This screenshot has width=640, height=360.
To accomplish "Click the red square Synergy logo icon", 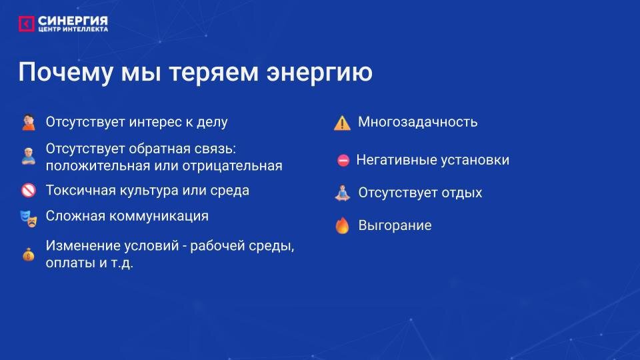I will [x=26, y=24].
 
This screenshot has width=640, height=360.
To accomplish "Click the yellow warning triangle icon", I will [x=342, y=123].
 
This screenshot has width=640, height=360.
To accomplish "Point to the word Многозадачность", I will [x=417, y=122].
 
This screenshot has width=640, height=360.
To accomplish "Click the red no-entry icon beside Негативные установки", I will [x=343, y=161].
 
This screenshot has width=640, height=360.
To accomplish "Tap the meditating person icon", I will [x=342, y=193].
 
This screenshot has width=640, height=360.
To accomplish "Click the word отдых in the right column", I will [x=460, y=193].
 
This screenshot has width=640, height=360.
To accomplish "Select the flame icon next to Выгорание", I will [x=342, y=226].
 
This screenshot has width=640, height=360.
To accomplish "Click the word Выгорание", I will [x=395, y=225].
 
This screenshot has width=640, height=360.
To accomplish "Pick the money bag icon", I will [x=28, y=254].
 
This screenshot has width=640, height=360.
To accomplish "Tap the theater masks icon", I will [x=28, y=217].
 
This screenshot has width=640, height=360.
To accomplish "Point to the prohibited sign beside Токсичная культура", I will [x=28, y=191].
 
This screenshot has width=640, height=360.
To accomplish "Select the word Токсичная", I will [x=78, y=190].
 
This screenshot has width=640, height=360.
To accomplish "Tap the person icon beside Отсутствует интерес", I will [x=28, y=123].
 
